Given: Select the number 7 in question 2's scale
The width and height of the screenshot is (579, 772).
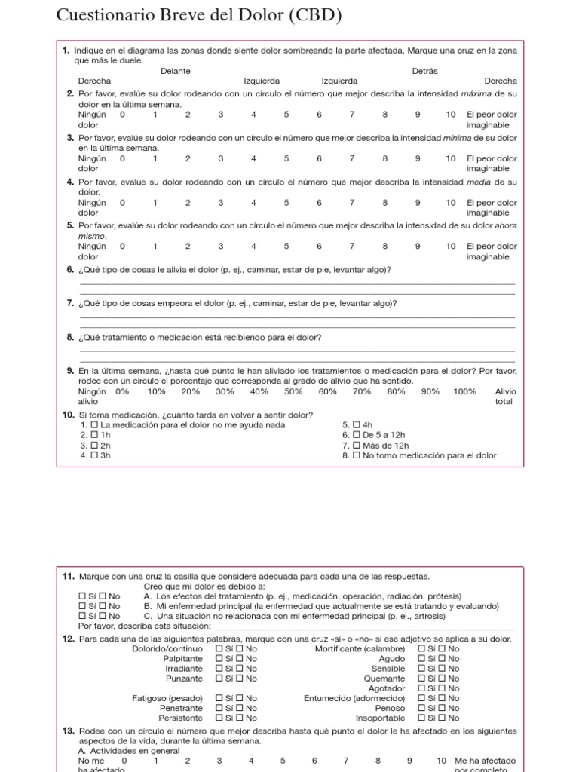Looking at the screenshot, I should coord(351,115).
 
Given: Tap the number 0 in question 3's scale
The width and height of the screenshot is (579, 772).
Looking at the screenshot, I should coord(122,158).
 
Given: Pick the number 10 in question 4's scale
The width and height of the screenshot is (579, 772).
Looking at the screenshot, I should coord(450,202).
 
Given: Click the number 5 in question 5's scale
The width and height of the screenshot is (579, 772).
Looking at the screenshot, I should coord(286,246).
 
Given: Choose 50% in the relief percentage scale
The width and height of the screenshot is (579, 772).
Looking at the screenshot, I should coord(293,391).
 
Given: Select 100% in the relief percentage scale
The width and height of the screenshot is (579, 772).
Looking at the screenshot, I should coord(464,391).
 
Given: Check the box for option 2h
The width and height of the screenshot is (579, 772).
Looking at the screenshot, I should coord(94,446).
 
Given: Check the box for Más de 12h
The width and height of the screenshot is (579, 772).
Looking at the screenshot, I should coord(357,446).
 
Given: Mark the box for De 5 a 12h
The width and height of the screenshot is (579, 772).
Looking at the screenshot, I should coord(357,435).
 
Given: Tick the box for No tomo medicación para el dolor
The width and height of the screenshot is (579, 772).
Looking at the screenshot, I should coord(357,455).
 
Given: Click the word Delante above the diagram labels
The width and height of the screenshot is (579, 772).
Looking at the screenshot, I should coord(176,71).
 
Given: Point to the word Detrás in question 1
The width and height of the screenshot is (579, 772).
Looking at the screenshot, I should coord(424,71).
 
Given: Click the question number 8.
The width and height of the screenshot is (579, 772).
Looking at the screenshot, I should coord(70,338).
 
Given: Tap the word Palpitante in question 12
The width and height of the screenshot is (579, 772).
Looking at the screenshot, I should coord(182,658).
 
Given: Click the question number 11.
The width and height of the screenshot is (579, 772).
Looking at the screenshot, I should coord(69,577).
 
